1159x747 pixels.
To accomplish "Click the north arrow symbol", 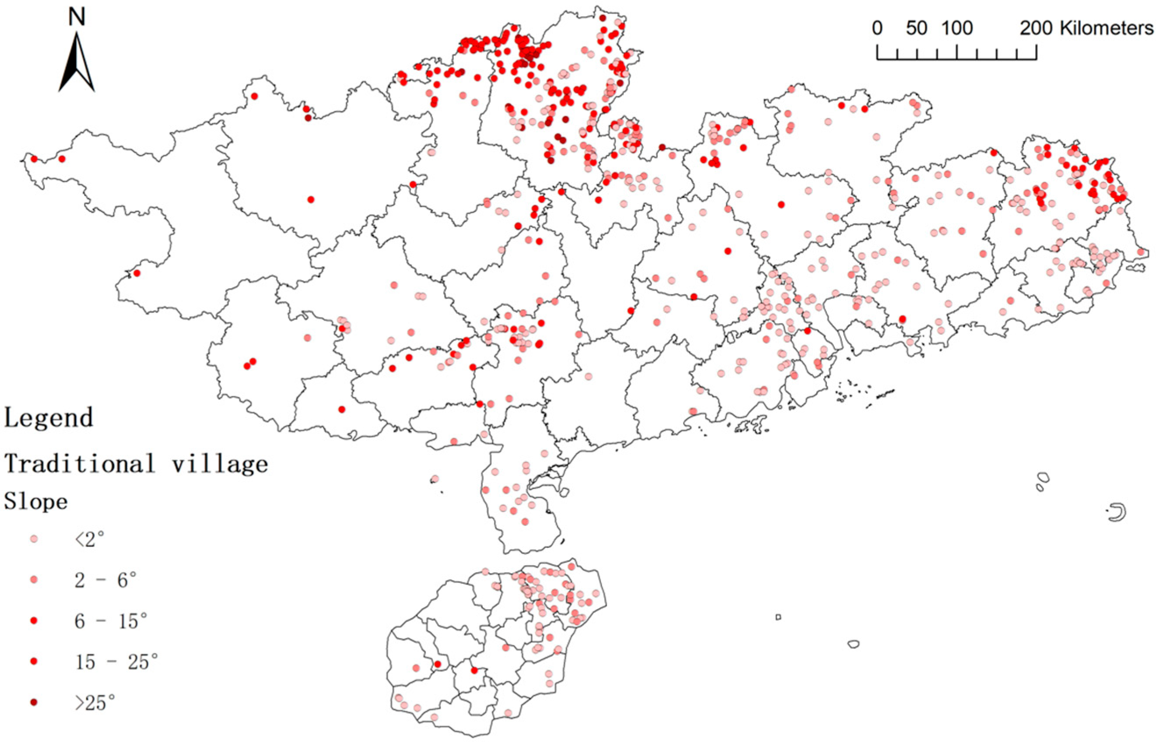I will click(x=77, y=63).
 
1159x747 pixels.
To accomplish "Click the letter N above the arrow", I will click(x=77, y=18).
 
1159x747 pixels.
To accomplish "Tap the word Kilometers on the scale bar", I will click(x=1106, y=28).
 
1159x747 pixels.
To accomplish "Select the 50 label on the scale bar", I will click(x=916, y=28).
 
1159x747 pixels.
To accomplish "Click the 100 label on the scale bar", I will click(x=957, y=28).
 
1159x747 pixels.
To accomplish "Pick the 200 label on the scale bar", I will click(x=1036, y=28).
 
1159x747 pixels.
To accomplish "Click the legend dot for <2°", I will click(x=34, y=539).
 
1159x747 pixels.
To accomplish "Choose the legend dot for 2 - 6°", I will click(x=34, y=580).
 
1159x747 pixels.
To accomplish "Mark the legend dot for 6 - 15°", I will click(x=34, y=621).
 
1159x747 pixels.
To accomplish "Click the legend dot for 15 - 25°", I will click(x=34, y=662).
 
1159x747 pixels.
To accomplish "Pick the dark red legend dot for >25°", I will click(x=34, y=702).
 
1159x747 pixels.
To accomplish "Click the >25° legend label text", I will click(x=95, y=702).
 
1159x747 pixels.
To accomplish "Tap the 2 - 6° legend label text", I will click(x=105, y=580).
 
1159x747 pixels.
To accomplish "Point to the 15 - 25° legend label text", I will click(x=116, y=662).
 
